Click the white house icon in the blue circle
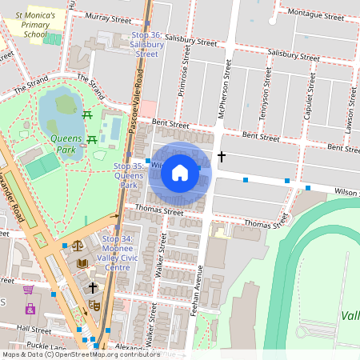(180, 173)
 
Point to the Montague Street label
(315, 13)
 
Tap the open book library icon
(82, 262)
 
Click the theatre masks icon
(94, 305)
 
